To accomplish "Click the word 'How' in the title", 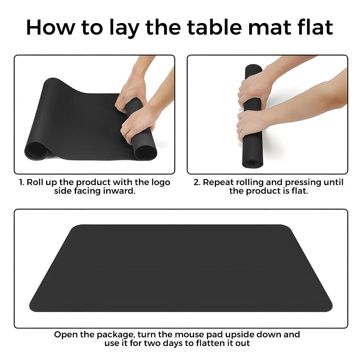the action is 51,27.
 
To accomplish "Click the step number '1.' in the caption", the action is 22,182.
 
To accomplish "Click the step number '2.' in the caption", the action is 197,182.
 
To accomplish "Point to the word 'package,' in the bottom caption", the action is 115,335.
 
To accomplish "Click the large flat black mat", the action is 181,268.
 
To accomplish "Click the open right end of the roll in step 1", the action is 145,152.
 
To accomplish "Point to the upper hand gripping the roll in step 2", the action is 255,89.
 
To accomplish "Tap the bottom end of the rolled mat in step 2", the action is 253,163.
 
